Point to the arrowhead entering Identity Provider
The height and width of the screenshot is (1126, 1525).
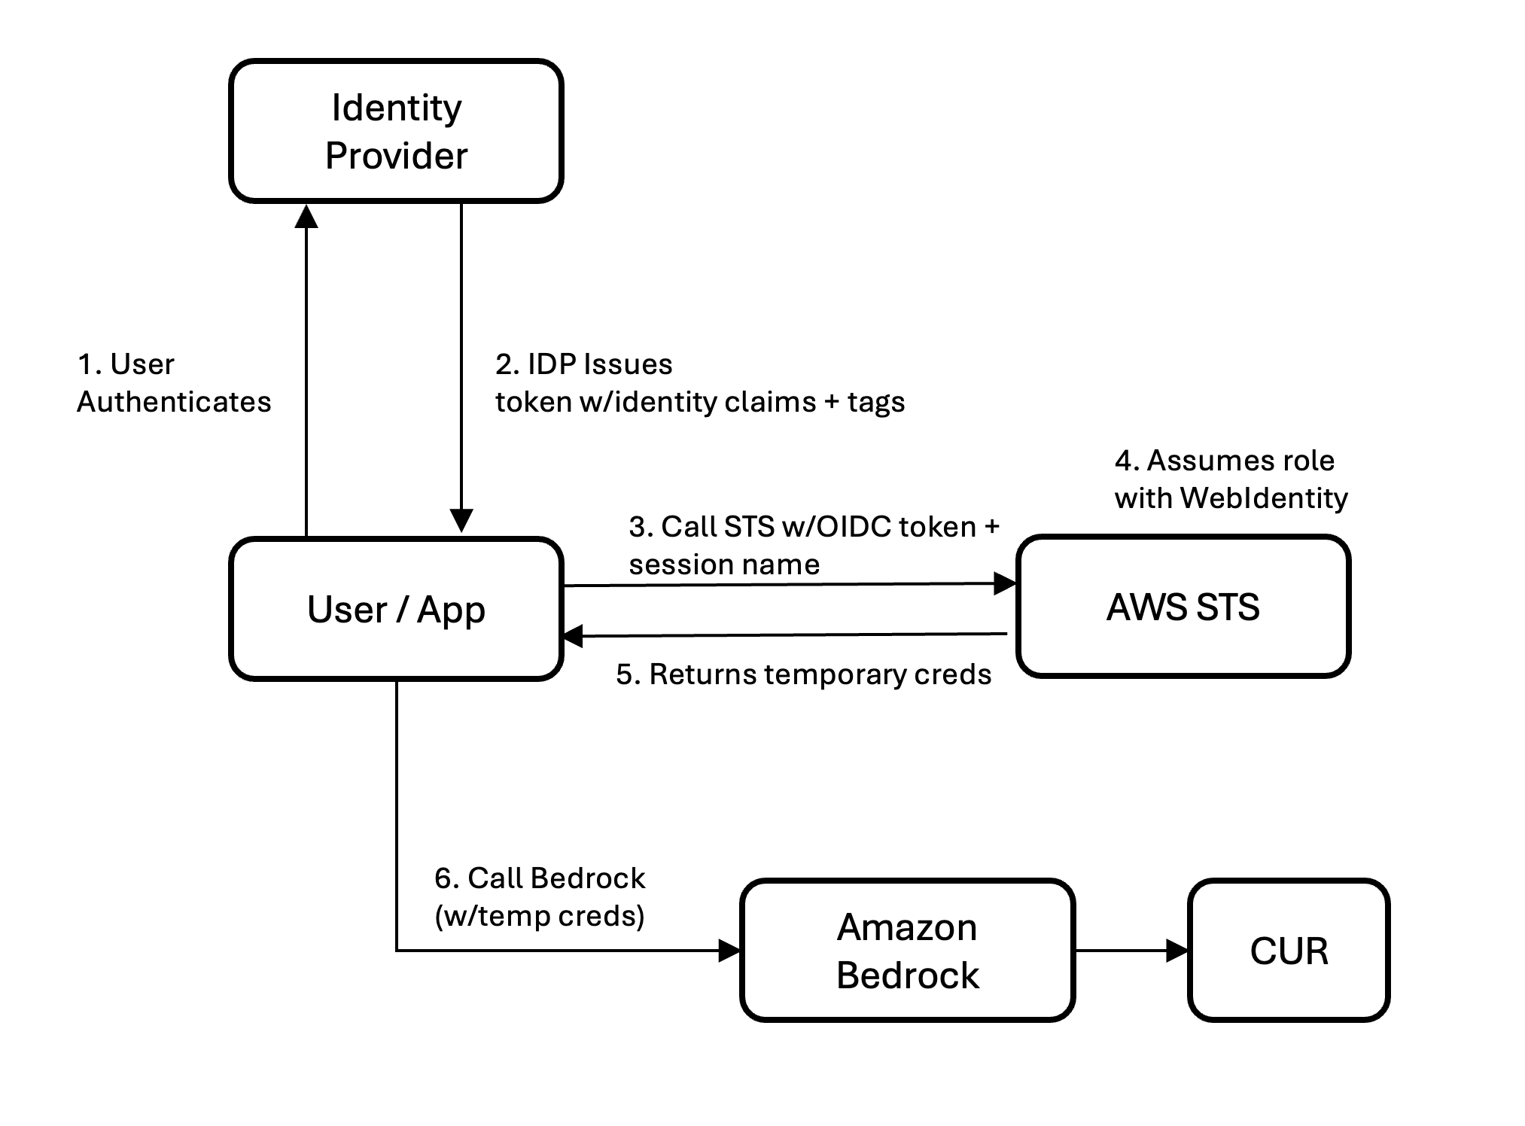pos(306,216)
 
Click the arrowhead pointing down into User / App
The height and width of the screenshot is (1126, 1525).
pos(461,521)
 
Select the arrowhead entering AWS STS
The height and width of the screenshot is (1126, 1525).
pos(1004,583)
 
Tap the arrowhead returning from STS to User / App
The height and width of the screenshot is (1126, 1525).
pos(574,636)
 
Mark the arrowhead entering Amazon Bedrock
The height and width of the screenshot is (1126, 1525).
pos(729,951)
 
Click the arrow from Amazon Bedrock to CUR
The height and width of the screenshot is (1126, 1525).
pos(1129,951)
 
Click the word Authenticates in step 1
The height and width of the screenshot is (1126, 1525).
pos(174,402)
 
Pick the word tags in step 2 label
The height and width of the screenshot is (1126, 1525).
pos(876,403)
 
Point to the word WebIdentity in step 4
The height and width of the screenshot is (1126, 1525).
pos(1264,498)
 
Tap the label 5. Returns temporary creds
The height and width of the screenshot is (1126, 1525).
pos(803,674)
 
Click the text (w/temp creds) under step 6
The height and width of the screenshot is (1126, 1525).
pos(540,916)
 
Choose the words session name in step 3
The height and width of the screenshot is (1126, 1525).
pos(724,565)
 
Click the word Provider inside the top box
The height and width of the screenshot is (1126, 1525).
pos(396,156)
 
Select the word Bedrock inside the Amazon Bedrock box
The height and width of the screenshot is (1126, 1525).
pos(907,975)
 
